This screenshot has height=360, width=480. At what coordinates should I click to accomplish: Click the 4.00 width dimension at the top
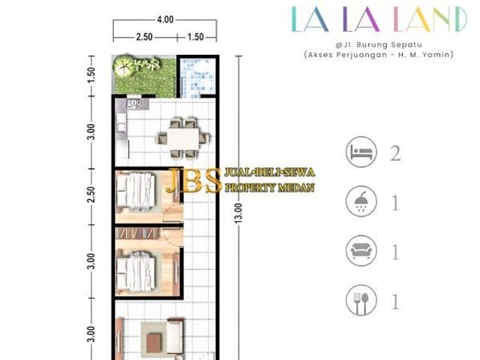(x=165, y=19)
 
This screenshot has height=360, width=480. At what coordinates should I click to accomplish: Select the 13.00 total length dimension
(x=239, y=213)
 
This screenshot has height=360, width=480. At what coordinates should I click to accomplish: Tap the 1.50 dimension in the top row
(x=195, y=37)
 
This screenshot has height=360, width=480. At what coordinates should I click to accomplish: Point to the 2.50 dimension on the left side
(x=91, y=194)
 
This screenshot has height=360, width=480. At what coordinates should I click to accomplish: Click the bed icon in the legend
(x=361, y=151)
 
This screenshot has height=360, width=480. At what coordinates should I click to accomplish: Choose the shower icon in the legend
(x=361, y=202)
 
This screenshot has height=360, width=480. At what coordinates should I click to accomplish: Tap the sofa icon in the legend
(x=361, y=251)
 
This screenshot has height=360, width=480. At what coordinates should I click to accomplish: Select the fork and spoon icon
(x=361, y=301)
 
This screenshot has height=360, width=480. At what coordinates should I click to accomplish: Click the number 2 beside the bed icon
(x=395, y=153)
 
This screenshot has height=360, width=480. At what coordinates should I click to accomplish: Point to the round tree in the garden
(x=123, y=66)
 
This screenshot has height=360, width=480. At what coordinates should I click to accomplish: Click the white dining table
(x=183, y=139)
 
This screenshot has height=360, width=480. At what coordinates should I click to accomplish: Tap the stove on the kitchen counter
(x=133, y=104)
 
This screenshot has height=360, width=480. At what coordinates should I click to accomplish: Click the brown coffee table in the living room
(x=154, y=343)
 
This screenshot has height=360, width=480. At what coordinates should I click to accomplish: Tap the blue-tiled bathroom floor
(x=197, y=77)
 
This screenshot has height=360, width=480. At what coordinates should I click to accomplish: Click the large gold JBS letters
(x=193, y=181)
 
